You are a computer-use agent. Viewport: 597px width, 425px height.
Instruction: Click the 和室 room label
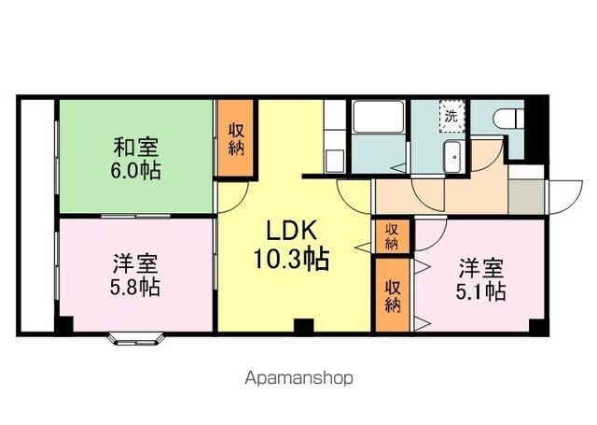pos(135,148)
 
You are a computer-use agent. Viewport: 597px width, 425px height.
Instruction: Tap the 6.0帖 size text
pos(135,170)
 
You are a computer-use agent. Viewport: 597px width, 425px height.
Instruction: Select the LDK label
pos(291,231)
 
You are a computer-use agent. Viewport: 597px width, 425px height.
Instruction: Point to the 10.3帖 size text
pos(291,259)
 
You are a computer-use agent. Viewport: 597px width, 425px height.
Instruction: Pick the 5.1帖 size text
pos(481,291)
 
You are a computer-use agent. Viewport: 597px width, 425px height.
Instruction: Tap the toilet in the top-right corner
pos(508,119)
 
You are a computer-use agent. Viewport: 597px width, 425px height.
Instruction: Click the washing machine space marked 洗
pos(451,116)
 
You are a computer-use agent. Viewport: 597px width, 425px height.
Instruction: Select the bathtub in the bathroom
pos(378,116)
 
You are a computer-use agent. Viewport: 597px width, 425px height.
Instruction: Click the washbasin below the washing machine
pos(452,157)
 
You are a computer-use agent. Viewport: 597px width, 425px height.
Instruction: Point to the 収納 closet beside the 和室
pos(236,138)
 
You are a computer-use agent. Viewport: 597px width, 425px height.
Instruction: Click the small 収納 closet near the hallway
pos(392,236)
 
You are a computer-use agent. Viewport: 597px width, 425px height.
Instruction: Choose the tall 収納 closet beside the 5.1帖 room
pos(393,295)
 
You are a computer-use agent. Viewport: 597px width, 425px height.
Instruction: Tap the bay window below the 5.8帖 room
pos(136,339)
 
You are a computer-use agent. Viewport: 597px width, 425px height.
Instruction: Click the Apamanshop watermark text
pos(298,378)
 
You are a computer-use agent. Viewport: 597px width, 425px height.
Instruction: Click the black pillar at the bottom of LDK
pos(304,325)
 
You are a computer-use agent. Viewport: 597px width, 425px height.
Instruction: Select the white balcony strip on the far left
pos(37,216)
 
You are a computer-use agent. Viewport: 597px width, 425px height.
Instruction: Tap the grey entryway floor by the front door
pos(526,197)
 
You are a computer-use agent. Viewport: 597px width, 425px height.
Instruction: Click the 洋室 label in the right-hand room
pos(481,268)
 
